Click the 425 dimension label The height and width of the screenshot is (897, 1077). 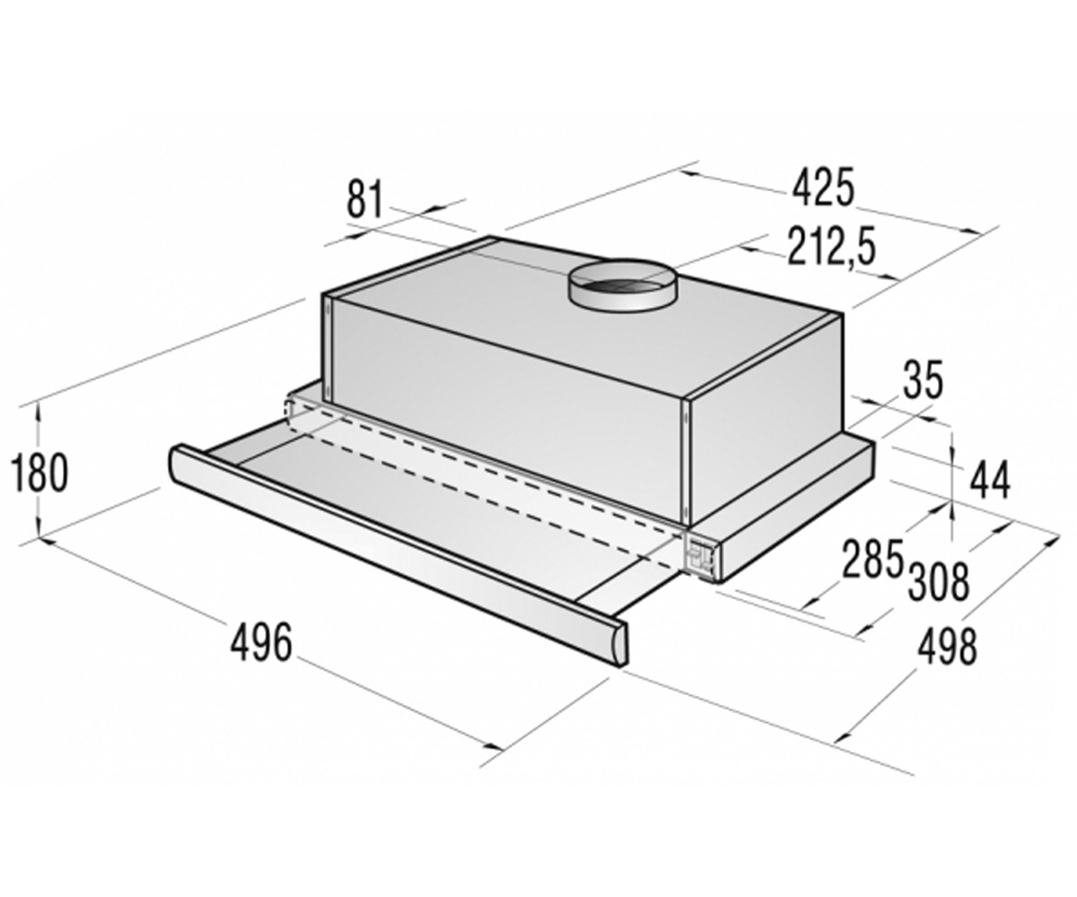(x=823, y=188)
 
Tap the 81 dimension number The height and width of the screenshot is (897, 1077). (x=365, y=198)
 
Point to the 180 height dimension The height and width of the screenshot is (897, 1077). (x=39, y=473)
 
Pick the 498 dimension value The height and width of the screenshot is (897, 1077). (x=946, y=646)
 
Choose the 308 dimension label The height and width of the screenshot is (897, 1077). (x=940, y=582)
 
